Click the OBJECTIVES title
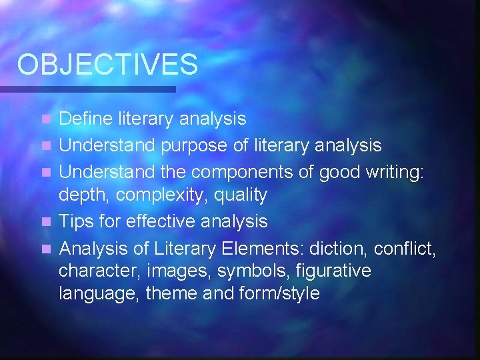pyautogui.click(x=107, y=65)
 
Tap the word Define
pyautogui.click(x=87, y=119)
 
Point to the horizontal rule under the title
pyautogui.click(x=87, y=89)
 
